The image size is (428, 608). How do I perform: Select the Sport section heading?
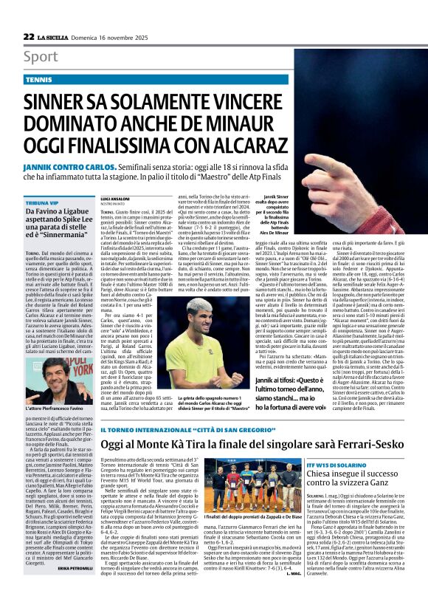coord(41,57)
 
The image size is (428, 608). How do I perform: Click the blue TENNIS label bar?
coord(44,78)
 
